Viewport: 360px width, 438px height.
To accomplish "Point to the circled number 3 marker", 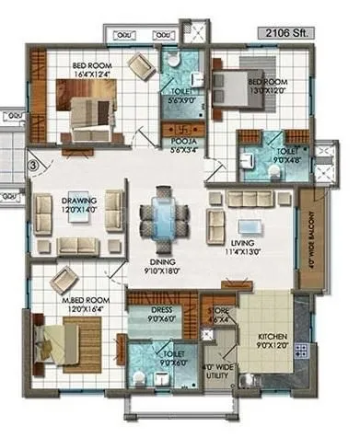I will [x=33, y=166].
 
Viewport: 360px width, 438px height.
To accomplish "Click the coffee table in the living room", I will [x=250, y=226].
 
